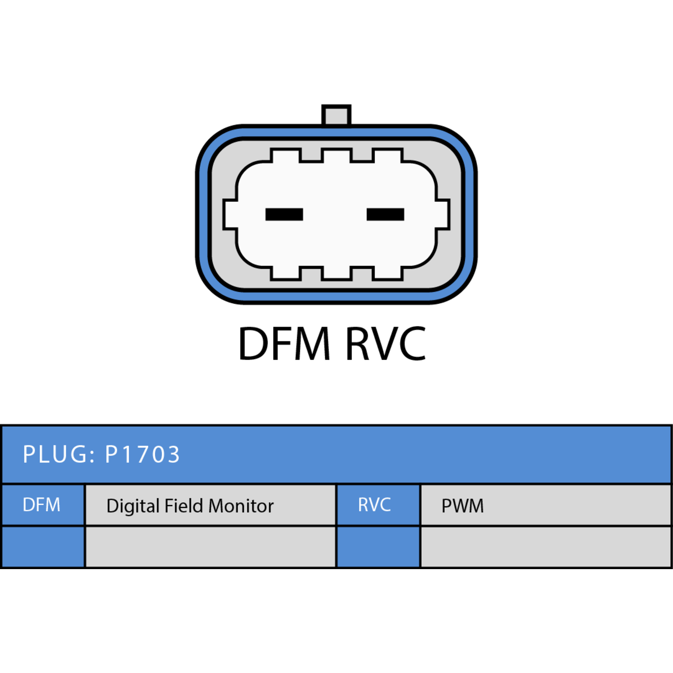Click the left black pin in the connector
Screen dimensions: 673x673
(284, 215)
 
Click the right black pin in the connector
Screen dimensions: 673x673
(385, 215)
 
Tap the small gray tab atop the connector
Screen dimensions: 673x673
(336, 115)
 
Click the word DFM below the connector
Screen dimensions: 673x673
(284, 344)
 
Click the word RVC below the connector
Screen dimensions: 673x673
(385, 344)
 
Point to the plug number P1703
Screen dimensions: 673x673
(143, 454)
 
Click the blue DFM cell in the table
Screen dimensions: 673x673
(43, 505)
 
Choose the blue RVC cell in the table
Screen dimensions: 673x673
(378, 505)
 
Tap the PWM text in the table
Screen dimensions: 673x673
(463, 506)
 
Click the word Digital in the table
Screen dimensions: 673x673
(133, 506)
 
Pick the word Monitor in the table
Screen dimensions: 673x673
(241, 506)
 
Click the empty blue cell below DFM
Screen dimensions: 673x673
(43, 547)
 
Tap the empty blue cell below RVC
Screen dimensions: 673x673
(378, 547)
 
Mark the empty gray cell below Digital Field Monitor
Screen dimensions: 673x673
(210, 547)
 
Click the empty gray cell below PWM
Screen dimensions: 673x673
(546, 547)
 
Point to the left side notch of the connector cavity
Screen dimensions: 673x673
(231, 215)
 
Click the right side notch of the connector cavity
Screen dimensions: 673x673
(442, 215)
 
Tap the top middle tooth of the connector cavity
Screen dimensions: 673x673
(336, 155)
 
